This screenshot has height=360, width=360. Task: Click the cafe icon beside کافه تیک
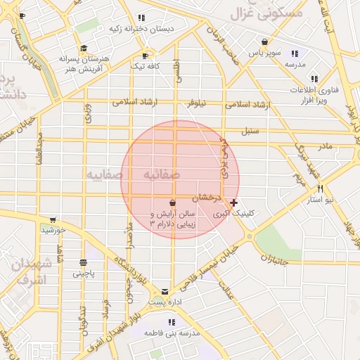pyautogui.click(x=145, y=56)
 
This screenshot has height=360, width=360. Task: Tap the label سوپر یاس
pyautogui.click(x=264, y=53)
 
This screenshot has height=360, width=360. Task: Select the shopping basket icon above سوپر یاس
pyautogui.click(x=264, y=41)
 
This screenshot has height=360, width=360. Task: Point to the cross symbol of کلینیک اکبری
pyautogui.click(x=234, y=202)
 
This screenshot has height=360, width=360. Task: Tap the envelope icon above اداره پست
pyautogui.click(x=165, y=291)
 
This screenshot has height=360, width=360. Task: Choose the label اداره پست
pyautogui.click(x=167, y=303)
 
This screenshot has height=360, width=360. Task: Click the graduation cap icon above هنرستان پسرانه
pyautogui.click(x=84, y=49)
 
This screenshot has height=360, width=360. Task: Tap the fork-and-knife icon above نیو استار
pyautogui.click(x=321, y=188)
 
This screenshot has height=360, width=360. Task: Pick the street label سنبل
pyautogui.click(x=250, y=131)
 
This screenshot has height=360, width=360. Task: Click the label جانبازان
pyautogui.click(x=277, y=259)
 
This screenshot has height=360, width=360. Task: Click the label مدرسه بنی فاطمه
pyautogui.click(x=168, y=332)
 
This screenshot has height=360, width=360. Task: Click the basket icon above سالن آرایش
pyautogui.click(x=173, y=202)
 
